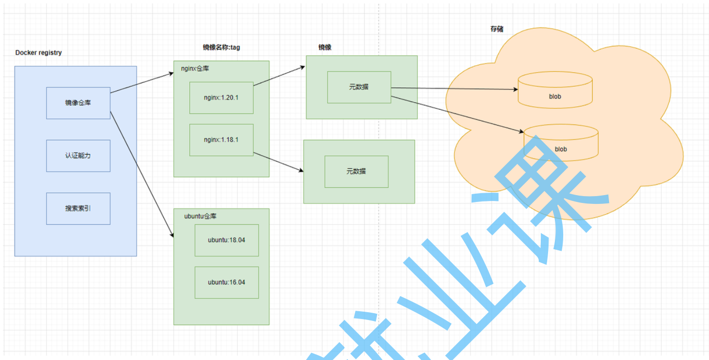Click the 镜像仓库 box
(x=78, y=103)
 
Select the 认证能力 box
(x=78, y=156)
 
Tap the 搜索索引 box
(x=78, y=208)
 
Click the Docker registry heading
(x=39, y=53)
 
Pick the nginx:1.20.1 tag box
(x=221, y=98)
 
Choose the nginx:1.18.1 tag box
(x=221, y=140)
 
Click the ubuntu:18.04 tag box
(x=226, y=240)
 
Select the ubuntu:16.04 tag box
(x=226, y=282)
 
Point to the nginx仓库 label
(x=195, y=69)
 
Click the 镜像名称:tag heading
(x=221, y=47)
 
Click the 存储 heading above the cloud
(x=497, y=29)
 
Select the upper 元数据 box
(x=359, y=87)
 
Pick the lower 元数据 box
(x=356, y=172)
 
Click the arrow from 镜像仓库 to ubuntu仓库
(x=141, y=175)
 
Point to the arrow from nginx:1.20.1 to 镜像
(x=279, y=76)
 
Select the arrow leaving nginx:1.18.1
(x=278, y=162)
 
